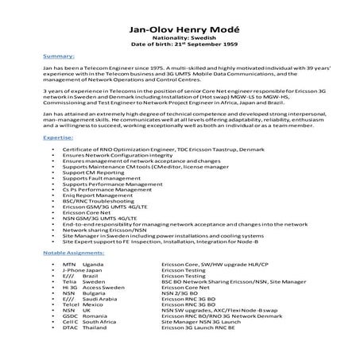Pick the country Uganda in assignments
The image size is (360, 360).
click(93, 264)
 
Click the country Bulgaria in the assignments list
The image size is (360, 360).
click(95, 292)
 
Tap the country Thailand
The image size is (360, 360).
click(95, 327)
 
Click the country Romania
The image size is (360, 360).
click(95, 316)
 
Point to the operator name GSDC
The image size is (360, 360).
click(69, 316)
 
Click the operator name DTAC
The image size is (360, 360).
click(69, 327)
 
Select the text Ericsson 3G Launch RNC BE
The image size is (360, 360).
click(195, 327)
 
